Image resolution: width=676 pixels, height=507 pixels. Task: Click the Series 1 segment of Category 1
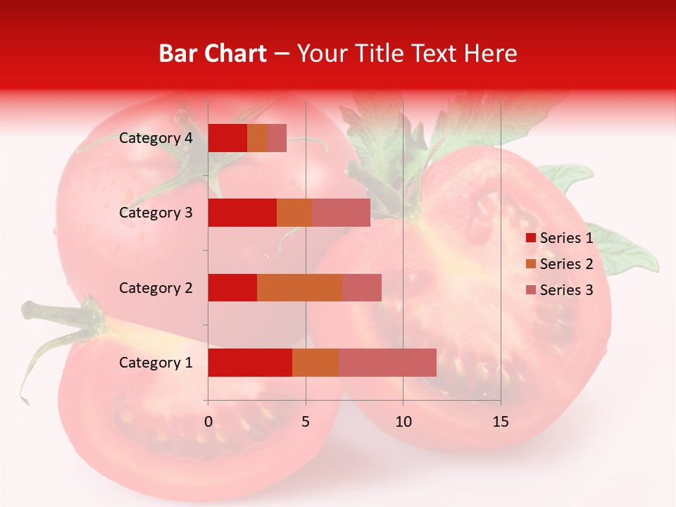250,362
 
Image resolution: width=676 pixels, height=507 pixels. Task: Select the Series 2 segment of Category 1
315,362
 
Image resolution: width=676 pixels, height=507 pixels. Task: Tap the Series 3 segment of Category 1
387,362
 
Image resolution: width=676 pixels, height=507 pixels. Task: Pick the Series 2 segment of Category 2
300,287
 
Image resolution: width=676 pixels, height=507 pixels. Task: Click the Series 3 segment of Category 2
362,287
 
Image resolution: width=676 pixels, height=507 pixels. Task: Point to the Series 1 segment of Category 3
242,213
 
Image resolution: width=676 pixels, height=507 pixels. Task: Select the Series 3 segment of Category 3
341,213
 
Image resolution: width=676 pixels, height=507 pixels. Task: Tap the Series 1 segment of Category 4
227,138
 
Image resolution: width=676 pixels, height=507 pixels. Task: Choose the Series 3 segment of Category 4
277,138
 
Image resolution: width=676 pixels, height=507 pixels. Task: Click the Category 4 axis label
156,138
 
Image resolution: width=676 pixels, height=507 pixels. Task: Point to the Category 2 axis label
156,287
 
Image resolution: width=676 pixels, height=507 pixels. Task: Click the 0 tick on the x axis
208,422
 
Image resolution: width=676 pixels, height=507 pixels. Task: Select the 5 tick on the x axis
306,422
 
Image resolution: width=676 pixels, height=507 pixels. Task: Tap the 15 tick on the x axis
500,422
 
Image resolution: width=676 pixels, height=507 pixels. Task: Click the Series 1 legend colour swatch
531,238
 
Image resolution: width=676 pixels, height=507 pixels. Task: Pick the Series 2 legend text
566,264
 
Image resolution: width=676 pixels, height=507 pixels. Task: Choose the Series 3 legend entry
559,290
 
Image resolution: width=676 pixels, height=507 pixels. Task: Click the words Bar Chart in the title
213,54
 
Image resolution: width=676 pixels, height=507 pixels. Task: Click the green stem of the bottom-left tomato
60,317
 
